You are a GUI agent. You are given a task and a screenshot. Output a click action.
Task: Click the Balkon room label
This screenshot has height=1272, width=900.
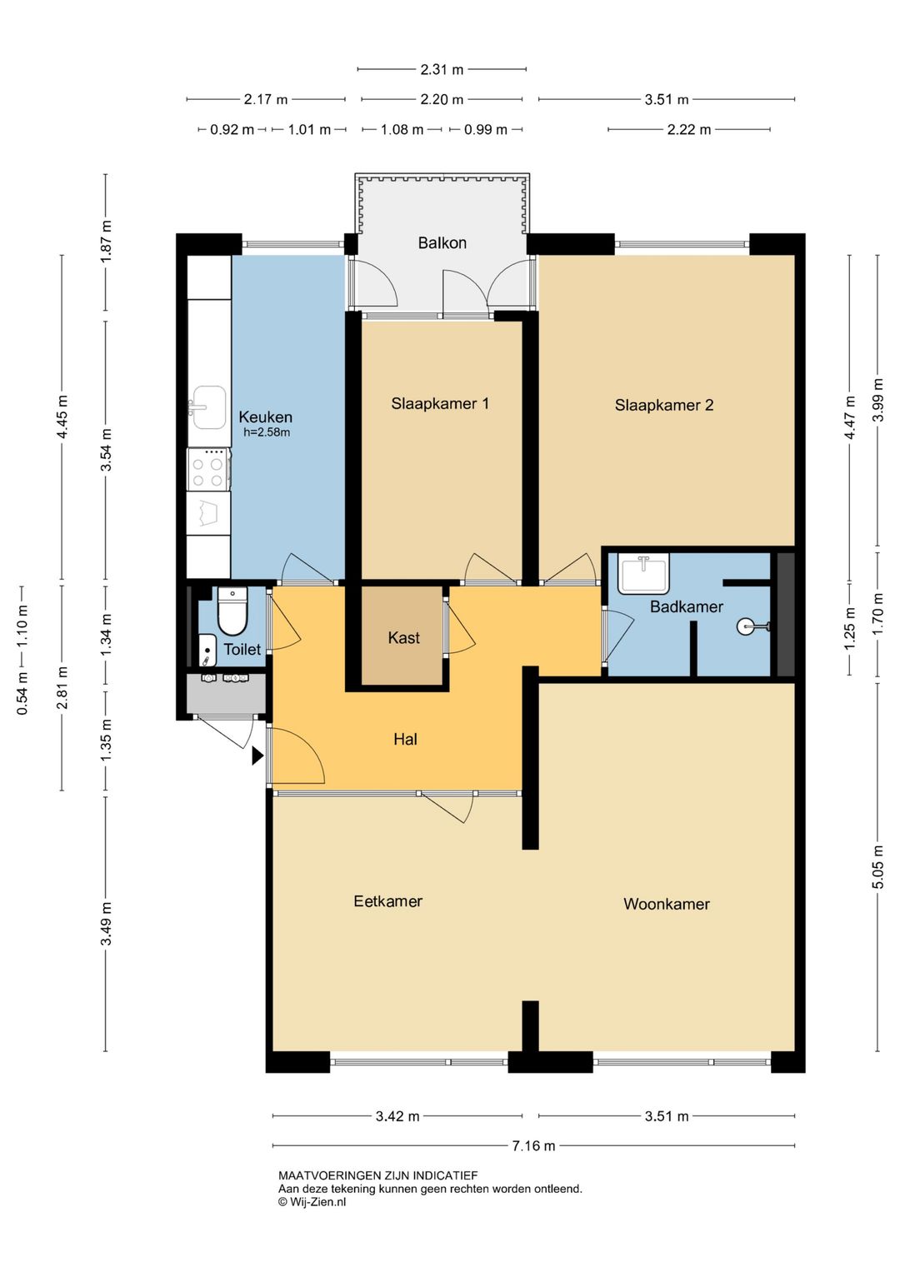coord(442,243)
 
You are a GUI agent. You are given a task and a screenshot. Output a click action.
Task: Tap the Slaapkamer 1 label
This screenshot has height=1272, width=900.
coord(440,404)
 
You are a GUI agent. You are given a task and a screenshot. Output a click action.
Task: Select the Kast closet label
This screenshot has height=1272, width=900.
coord(404,638)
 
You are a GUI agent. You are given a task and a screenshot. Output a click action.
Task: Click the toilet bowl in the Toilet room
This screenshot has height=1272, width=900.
coord(232,611)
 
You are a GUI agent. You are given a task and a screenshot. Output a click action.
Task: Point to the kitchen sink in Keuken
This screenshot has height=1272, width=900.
coord(208,407)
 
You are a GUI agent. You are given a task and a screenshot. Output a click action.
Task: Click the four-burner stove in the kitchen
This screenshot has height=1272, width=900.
coord(208,469)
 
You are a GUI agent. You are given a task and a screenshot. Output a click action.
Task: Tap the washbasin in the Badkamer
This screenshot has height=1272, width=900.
coord(643,574)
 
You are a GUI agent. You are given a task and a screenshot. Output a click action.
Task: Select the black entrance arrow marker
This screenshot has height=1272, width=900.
coord(258,756)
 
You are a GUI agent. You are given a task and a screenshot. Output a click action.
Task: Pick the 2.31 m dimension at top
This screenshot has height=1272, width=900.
coord(442,70)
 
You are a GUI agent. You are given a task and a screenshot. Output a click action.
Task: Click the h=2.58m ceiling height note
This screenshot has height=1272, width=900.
coord(267,432)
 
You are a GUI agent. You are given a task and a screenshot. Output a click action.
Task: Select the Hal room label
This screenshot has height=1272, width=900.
coord(405,740)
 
